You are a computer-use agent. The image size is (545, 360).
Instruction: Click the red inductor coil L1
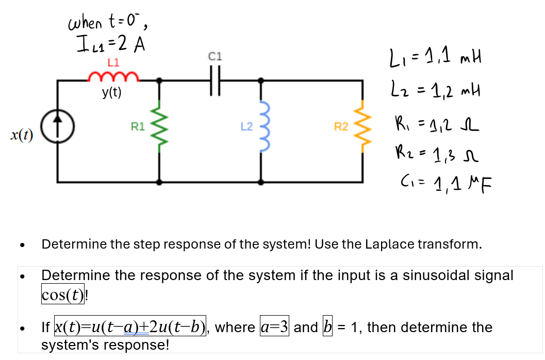click(113, 77)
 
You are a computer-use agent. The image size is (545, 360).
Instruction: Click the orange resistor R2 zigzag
click(364, 132)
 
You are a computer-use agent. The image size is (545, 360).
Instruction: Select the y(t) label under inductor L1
click(111, 92)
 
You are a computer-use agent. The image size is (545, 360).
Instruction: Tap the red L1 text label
click(113, 62)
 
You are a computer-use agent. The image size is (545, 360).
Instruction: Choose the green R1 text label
click(138, 126)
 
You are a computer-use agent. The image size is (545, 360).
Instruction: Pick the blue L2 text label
click(245, 126)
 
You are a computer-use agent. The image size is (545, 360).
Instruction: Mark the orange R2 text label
click(341, 126)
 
